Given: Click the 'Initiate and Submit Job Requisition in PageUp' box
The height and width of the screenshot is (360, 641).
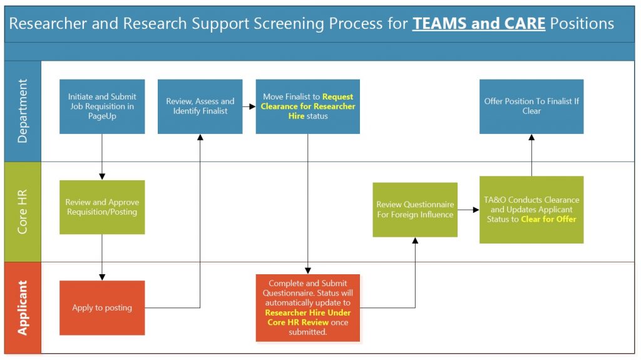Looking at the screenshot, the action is pyautogui.click(x=102, y=106).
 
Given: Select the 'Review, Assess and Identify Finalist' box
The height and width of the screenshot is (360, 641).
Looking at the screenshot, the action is pyautogui.click(x=200, y=106).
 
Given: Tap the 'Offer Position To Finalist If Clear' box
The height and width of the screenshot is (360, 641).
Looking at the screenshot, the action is pyautogui.click(x=531, y=106).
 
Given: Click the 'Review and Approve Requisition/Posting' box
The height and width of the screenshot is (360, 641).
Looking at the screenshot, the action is pyautogui.click(x=102, y=207).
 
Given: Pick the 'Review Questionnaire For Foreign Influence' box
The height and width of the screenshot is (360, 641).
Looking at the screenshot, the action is pyautogui.click(x=415, y=210).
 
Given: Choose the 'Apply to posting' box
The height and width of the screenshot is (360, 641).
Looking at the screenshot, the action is pyautogui.click(x=102, y=307).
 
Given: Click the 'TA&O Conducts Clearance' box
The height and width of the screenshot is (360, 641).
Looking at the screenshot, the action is pyautogui.click(x=531, y=210).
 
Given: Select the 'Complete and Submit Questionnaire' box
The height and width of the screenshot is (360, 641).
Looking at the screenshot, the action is pyautogui.click(x=308, y=307).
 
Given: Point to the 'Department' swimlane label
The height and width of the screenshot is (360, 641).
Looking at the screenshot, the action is pyautogui.click(x=23, y=111).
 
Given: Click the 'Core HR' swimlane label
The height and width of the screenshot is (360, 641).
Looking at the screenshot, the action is pyautogui.click(x=23, y=212).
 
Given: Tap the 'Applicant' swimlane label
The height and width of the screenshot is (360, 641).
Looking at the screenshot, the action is pyautogui.click(x=23, y=307).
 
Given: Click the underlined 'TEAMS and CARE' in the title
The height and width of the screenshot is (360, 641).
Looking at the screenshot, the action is pyautogui.click(x=479, y=24).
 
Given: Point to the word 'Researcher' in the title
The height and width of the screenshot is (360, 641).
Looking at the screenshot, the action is pyautogui.click(x=48, y=24).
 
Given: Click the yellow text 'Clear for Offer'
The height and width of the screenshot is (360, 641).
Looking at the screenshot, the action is pyautogui.click(x=548, y=219).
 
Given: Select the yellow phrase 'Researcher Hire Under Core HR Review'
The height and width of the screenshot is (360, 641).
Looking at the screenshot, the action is pyautogui.click(x=308, y=317).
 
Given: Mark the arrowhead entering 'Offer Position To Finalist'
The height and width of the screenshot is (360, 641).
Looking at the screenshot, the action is pyautogui.click(x=531, y=138).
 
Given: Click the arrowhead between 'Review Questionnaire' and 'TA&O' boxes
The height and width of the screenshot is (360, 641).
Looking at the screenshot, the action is pyautogui.click(x=476, y=210).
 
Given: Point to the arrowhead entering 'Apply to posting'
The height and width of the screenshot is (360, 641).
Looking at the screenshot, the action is pyautogui.click(x=102, y=277).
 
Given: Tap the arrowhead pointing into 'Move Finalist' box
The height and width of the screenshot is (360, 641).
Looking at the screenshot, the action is pyautogui.click(x=253, y=106).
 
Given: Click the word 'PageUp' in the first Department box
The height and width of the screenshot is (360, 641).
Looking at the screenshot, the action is pyautogui.click(x=102, y=116).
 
